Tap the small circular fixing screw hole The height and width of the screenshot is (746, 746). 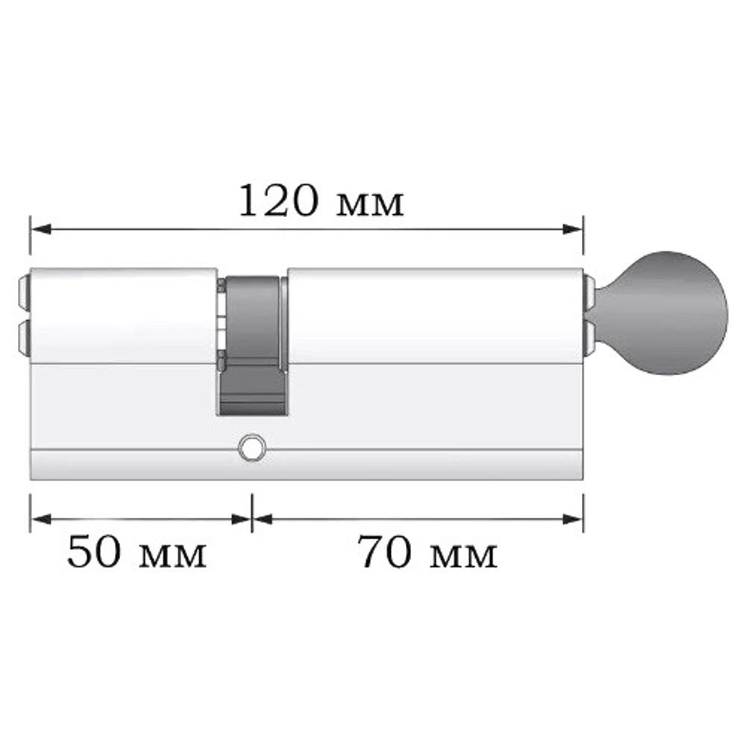point(251,449)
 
